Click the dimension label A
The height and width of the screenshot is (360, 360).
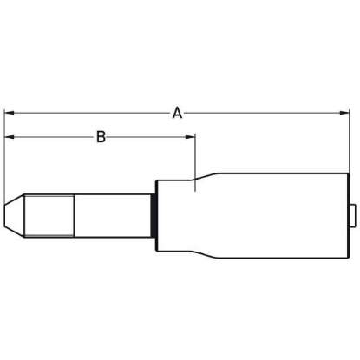(x=177, y=113)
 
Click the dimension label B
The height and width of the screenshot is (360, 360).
(x=101, y=137)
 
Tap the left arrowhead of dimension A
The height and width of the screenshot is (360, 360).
(x=10, y=113)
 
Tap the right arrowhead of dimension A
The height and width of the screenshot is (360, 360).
(x=344, y=113)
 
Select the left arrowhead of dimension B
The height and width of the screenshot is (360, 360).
(x=10, y=137)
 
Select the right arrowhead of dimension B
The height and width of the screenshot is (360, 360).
(x=191, y=137)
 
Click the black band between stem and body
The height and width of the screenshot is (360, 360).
(x=154, y=216)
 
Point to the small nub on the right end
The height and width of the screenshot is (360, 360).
(x=352, y=216)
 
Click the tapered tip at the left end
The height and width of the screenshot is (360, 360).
(x=14, y=216)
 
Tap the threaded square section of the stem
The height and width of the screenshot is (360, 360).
(x=49, y=216)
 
